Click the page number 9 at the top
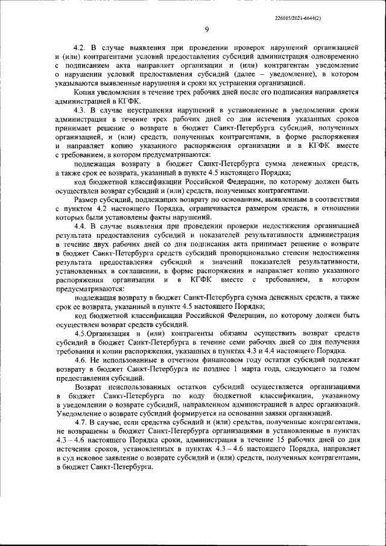[206, 31]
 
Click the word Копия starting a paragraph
[84, 92]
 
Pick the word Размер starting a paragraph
[87, 199]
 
